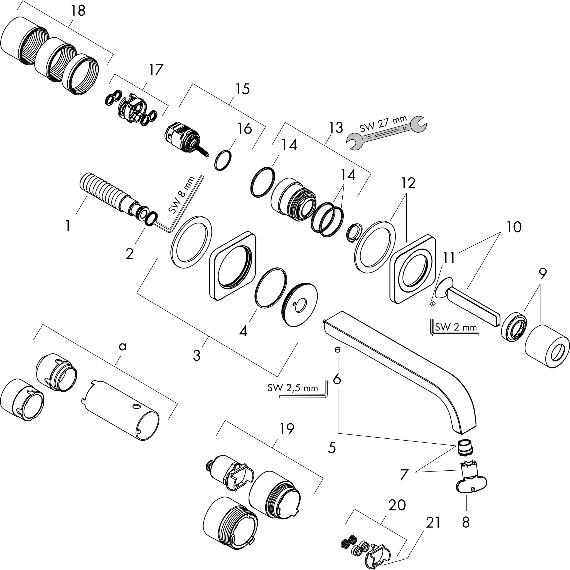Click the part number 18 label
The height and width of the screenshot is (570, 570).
pyautogui.click(x=78, y=11)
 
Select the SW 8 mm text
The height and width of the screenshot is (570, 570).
pyautogui.click(x=182, y=195)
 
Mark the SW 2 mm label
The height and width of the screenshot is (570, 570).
pyautogui.click(x=456, y=327)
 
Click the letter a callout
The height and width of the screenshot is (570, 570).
pyautogui.click(x=122, y=346)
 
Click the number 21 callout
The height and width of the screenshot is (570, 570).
pyautogui.click(x=433, y=522)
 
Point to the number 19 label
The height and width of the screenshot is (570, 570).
pyautogui.click(x=287, y=429)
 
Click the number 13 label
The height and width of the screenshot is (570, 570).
pyautogui.click(x=336, y=127)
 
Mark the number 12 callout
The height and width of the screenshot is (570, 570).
pyautogui.click(x=408, y=183)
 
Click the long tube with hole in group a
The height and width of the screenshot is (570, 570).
pyautogui.click(x=121, y=410)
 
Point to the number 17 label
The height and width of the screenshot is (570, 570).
pyautogui.click(x=156, y=70)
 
